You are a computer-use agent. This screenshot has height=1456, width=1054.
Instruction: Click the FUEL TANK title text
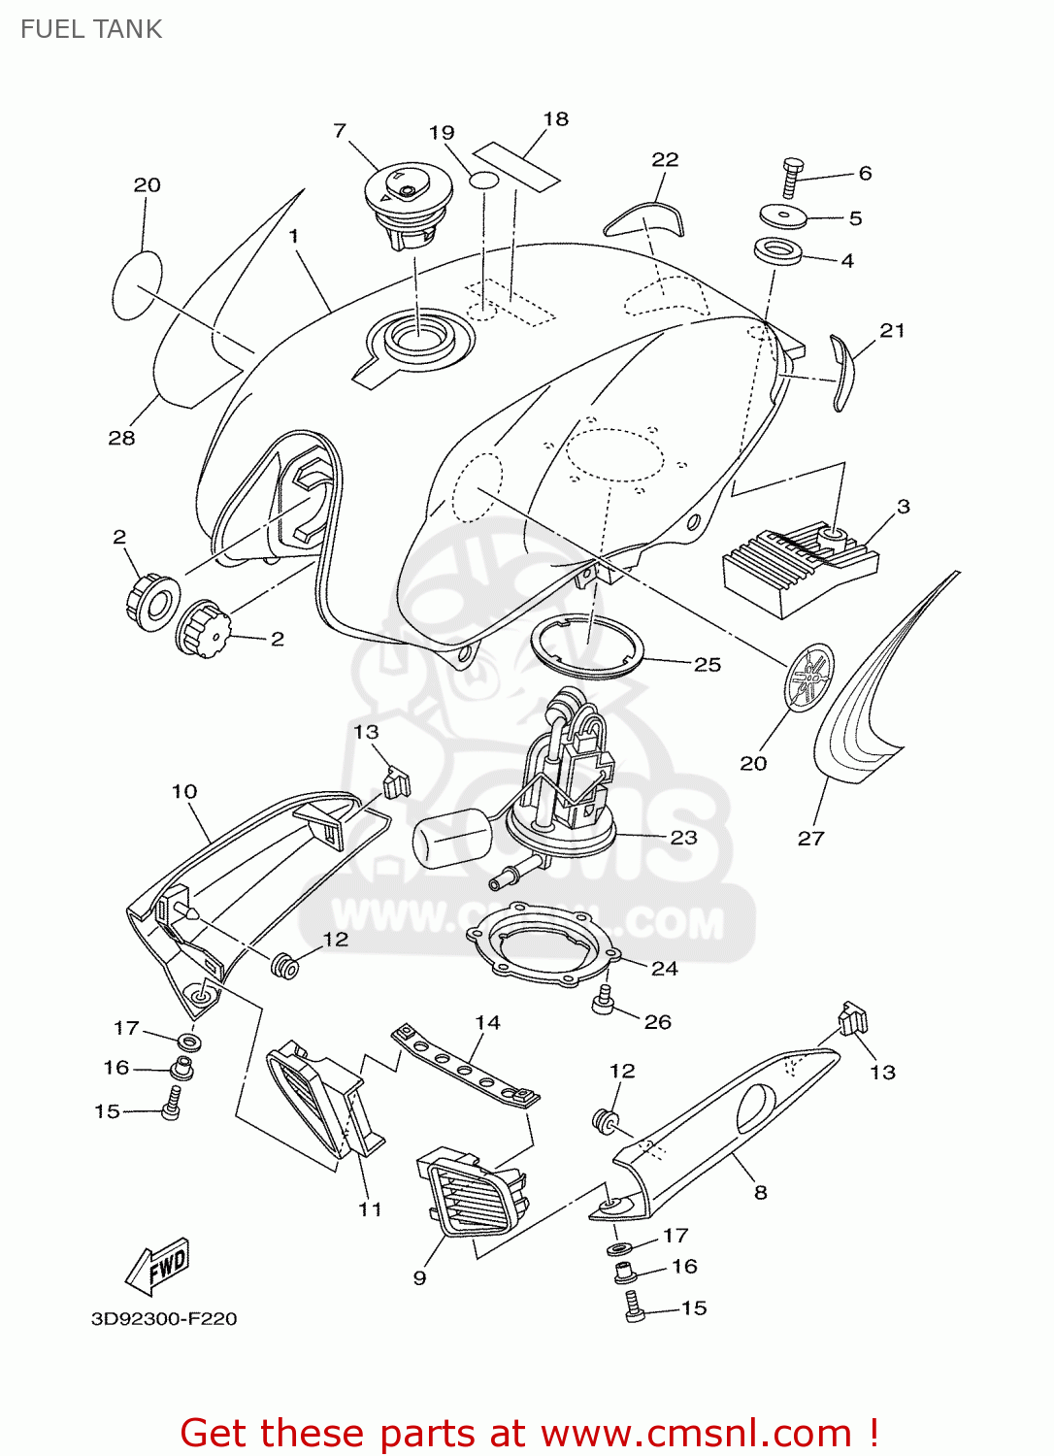point(91,29)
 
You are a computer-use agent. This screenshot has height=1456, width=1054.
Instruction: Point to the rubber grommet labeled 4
point(777,250)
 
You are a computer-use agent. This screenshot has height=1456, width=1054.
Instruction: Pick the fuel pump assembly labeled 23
point(563,786)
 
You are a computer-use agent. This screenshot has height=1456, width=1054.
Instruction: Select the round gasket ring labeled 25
point(587,645)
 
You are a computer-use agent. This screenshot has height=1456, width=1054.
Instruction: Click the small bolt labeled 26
point(604,1000)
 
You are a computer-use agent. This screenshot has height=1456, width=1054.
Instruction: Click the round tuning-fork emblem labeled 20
point(808,677)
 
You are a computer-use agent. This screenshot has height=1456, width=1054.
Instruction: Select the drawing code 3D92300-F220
point(164,1318)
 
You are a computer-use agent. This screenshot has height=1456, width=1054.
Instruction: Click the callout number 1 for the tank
point(293,236)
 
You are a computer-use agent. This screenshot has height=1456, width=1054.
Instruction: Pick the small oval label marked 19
point(483,181)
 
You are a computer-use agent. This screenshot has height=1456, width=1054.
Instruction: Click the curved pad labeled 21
point(843,372)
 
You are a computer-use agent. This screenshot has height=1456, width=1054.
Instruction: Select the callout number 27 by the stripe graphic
point(810,838)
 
